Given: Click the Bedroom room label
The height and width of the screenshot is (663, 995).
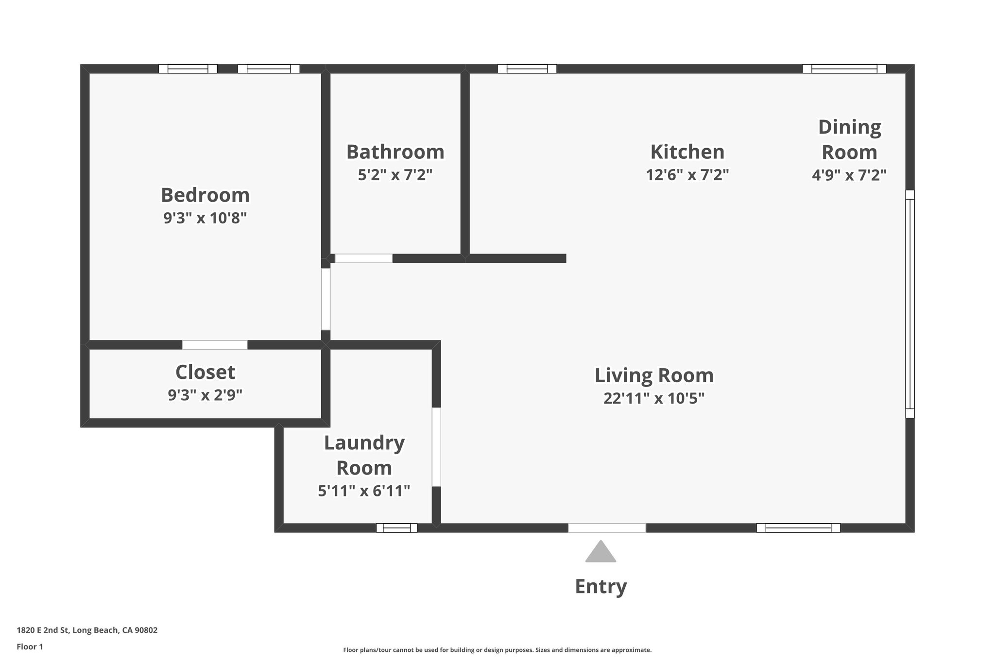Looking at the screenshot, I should (x=205, y=195).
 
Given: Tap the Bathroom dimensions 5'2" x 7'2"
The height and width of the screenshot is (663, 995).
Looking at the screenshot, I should (x=395, y=174).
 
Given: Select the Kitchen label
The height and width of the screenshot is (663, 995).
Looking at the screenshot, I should (x=687, y=152).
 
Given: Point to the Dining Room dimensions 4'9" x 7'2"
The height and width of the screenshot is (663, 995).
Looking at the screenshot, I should (x=849, y=174).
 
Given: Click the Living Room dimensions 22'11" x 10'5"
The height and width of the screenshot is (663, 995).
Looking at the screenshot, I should (x=654, y=398).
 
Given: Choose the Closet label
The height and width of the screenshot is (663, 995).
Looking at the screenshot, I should (x=205, y=373).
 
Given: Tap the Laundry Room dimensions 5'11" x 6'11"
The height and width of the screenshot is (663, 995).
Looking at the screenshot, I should (x=364, y=491).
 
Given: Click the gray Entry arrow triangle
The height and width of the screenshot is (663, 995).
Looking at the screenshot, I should (x=600, y=553).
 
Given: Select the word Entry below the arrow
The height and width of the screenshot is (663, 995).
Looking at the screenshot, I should (x=600, y=586).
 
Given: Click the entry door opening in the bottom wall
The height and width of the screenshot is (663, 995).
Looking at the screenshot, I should (x=607, y=528).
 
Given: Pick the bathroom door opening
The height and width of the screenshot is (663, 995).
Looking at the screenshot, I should (x=363, y=258).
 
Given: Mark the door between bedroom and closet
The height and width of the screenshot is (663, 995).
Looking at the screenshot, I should (x=215, y=345).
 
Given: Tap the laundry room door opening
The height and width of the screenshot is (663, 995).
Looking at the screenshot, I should (x=436, y=447).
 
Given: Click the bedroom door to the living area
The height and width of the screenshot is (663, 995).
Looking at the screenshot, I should (x=326, y=299).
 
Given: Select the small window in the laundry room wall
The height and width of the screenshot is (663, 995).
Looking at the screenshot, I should (x=396, y=528).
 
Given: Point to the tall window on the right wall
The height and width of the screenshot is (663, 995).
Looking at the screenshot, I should (x=910, y=304).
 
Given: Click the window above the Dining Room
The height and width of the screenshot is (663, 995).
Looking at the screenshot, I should (x=844, y=69).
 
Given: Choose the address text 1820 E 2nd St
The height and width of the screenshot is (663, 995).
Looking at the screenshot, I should (x=87, y=630).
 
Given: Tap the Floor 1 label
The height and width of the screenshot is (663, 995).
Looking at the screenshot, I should (x=30, y=647).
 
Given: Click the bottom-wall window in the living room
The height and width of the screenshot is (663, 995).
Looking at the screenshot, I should (x=798, y=528).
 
